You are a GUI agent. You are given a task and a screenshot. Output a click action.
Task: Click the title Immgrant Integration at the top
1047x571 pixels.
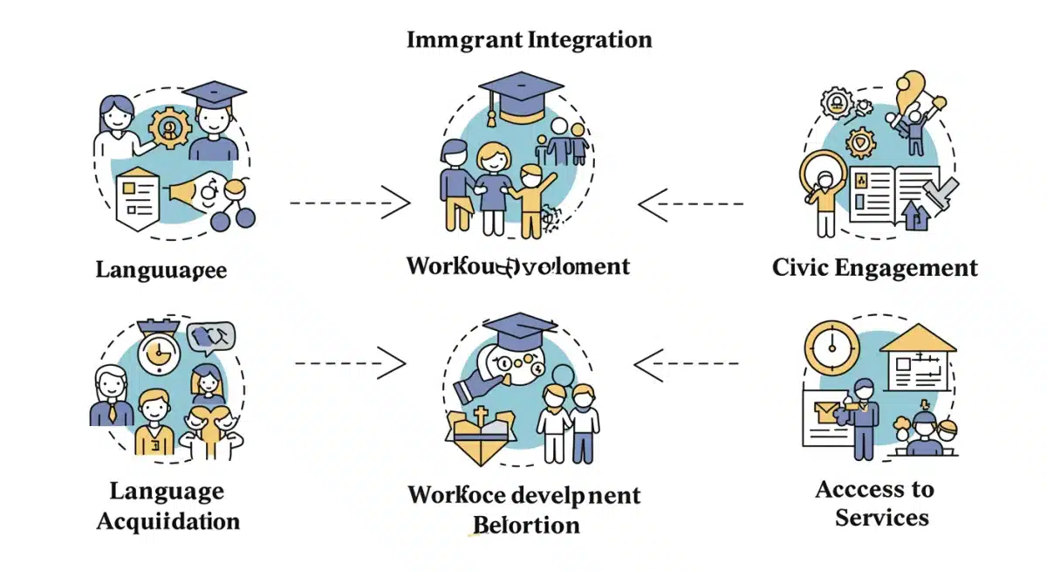529,40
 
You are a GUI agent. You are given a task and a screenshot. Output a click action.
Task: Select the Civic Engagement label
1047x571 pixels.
874,267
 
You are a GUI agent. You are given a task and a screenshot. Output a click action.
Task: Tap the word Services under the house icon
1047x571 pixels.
881,518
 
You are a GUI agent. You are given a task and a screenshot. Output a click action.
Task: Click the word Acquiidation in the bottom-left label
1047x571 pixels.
168,522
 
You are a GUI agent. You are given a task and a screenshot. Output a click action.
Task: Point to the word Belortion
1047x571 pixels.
525,525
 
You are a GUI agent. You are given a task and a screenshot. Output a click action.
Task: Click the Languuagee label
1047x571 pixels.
161,270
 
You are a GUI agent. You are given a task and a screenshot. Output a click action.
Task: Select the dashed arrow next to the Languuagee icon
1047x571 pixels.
349,203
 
